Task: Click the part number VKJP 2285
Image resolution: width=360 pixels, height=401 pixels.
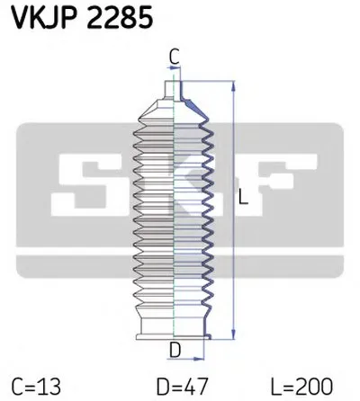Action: (83, 18)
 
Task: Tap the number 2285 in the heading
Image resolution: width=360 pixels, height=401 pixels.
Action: (120, 18)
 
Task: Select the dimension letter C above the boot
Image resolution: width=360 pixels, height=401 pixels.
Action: (174, 58)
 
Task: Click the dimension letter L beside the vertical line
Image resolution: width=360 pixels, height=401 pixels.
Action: (243, 197)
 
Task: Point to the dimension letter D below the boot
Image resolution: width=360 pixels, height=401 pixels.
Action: (175, 350)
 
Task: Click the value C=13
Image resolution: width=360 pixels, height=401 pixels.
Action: (36, 387)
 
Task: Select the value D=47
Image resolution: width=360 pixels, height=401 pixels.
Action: (182, 387)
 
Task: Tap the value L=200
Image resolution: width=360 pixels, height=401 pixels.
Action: (301, 387)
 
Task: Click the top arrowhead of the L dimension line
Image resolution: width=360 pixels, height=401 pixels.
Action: (234, 87)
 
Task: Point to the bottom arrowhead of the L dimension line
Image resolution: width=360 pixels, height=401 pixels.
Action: (234, 334)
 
